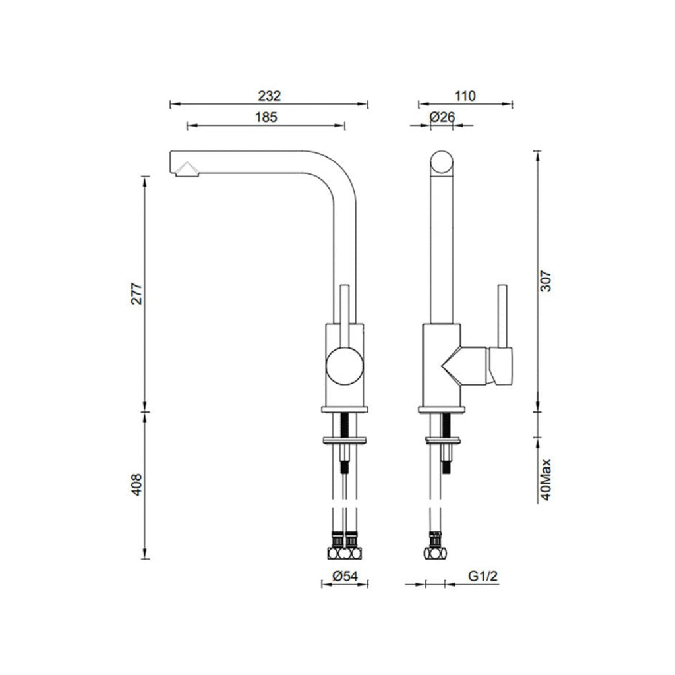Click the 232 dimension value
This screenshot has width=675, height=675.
coord(269,96)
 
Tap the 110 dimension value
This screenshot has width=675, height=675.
coord(465,96)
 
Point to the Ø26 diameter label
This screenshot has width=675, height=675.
coord(442,117)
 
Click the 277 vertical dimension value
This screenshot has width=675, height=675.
coord(136,293)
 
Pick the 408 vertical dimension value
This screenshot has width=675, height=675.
coord(136,485)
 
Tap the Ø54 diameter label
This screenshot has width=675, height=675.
coord(345,576)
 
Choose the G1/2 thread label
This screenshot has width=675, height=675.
coord(483,576)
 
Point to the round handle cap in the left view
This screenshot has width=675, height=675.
coord(343,366)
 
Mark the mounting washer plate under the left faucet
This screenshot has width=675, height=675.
coord(343,440)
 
